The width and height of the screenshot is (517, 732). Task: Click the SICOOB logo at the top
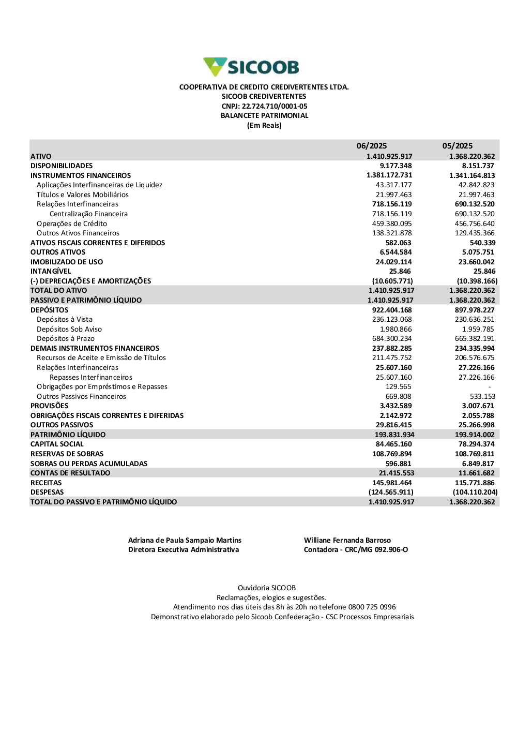click(x=252, y=67)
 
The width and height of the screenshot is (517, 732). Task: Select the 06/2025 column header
click(x=371, y=146)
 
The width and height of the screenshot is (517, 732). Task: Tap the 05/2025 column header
click(x=457, y=146)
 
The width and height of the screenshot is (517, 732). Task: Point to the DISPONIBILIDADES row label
click(x=62, y=166)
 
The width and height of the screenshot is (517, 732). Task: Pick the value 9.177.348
click(x=396, y=166)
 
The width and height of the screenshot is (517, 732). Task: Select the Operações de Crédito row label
click(x=72, y=223)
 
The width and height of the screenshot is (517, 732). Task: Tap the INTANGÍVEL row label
click(x=51, y=271)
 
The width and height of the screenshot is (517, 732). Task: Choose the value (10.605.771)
click(x=392, y=281)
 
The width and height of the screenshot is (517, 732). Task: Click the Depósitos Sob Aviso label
click(x=69, y=329)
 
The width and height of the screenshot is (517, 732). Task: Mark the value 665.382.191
click(x=475, y=338)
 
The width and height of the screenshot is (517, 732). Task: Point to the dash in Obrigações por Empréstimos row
click(x=490, y=387)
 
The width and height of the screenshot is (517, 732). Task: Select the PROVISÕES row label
click(x=49, y=406)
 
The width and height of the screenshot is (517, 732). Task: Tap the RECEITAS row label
click(x=46, y=483)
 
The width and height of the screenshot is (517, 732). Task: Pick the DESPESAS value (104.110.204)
click(x=475, y=492)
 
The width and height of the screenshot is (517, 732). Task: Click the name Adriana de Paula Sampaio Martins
click(x=185, y=540)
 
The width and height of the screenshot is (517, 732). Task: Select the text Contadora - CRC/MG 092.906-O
click(x=356, y=549)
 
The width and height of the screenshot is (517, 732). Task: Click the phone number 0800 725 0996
click(x=372, y=607)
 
